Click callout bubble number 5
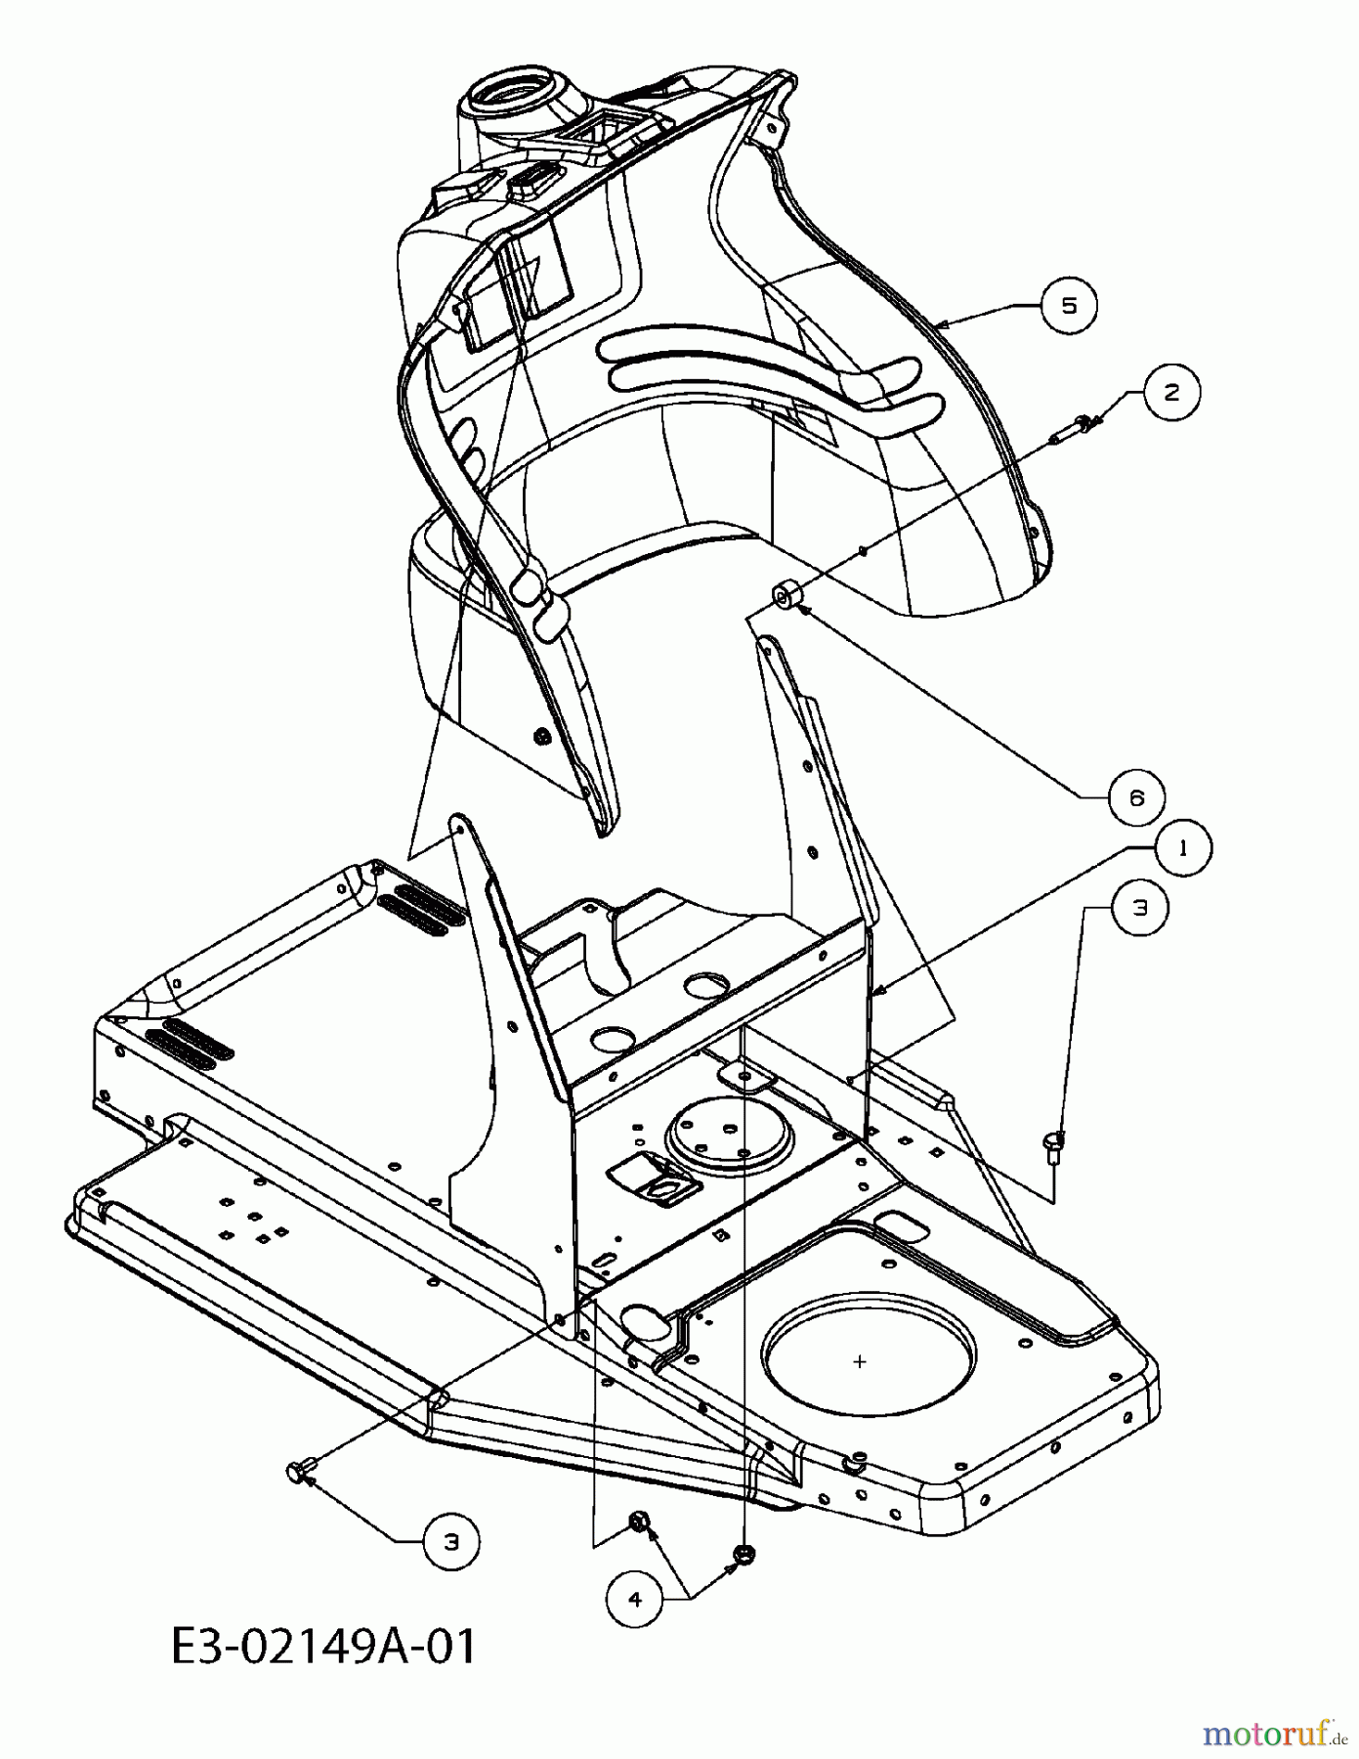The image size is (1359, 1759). (x=1069, y=306)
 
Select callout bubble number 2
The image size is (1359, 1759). (x=1171, y=392)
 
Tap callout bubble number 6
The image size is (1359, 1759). (x=1136, y=797)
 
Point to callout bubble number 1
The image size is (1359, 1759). (x=1183, y=848)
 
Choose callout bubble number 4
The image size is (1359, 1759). (x=635, y=1599)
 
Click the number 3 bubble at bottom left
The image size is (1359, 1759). (x=450, y=1542)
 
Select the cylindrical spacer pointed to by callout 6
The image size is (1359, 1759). (x=786, y=594)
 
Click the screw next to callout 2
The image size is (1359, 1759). (x=1072, y=427)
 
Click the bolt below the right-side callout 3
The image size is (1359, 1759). (x=1054, y=1144)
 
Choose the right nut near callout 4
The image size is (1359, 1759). (x=743, y=1552)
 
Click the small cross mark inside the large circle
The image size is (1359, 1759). (x=860, y=1361)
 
